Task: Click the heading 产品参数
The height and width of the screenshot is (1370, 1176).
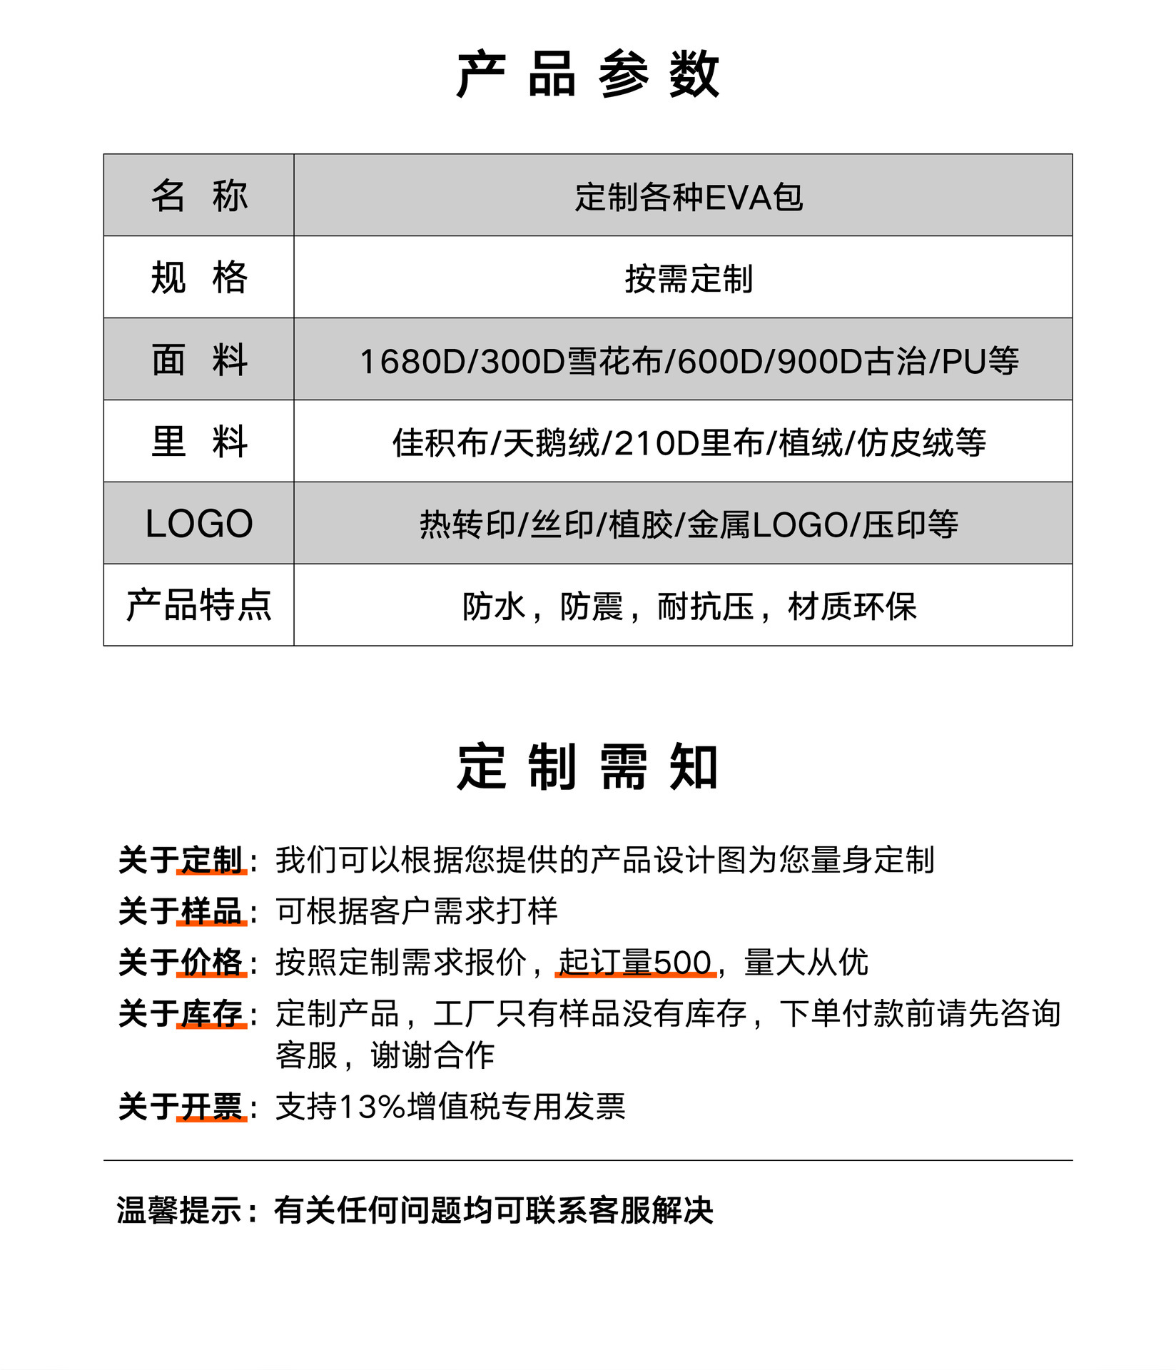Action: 587,74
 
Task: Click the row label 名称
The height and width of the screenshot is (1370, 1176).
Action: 199,196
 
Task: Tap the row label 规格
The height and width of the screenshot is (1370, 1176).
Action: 199,278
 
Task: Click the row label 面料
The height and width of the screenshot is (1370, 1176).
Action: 199,360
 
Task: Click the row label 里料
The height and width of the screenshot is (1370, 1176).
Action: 199,442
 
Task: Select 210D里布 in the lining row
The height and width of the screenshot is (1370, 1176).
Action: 689,444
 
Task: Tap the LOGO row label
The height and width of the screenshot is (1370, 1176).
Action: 199,524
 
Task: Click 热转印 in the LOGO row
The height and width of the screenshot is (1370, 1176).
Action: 467,525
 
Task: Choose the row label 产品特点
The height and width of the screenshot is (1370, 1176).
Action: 199,606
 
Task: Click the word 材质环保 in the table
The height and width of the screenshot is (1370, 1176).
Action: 851,607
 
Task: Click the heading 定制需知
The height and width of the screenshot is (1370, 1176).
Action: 587,768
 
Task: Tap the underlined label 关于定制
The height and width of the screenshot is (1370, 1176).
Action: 181,860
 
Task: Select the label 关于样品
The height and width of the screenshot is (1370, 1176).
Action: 181,911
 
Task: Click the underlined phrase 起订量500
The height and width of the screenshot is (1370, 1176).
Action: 635,963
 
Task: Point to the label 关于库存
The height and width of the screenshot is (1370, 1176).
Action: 181,1014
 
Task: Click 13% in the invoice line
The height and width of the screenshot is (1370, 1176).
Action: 372,1107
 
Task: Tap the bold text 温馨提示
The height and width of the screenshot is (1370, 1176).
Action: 180,1210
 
